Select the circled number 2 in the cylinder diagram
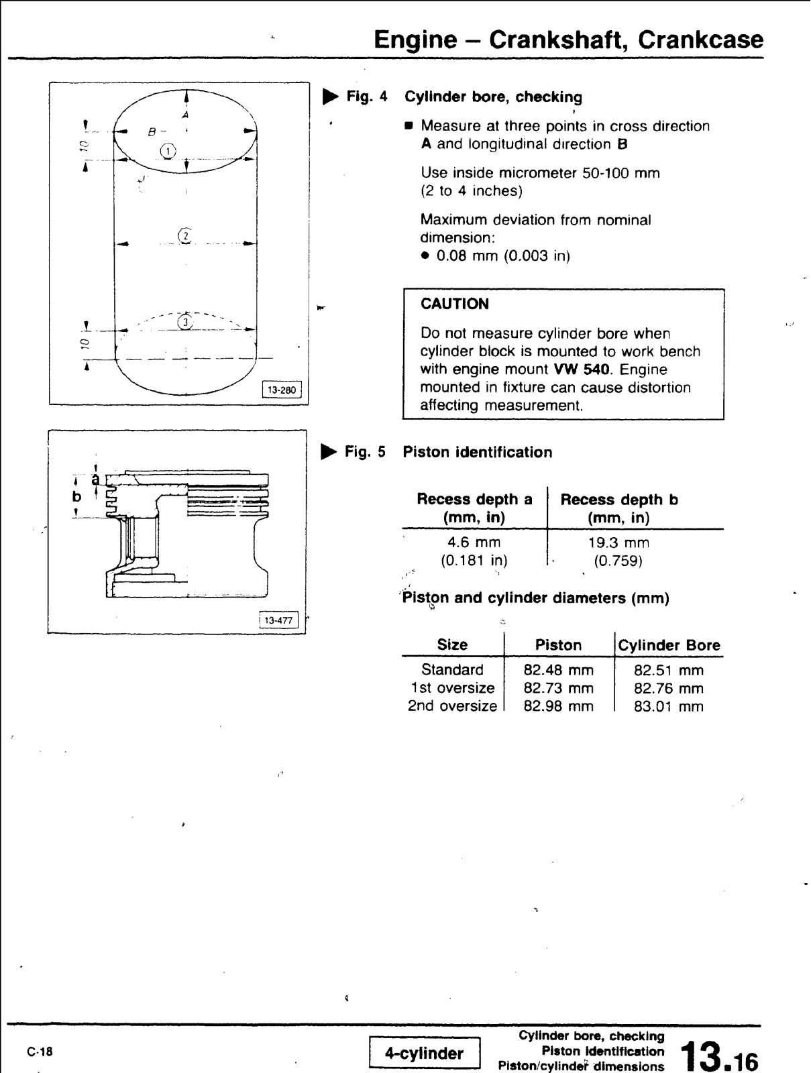(184, 235)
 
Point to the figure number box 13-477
(278, 620)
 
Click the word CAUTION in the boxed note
(455, 304)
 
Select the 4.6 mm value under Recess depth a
(474, 542)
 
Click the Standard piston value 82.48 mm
(558, 669)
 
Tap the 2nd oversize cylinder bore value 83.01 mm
(669, 706)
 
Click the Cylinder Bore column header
(669, 645)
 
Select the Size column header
(452, 645)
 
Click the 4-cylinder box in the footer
(424, 1054)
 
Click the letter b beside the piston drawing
(77, 497)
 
